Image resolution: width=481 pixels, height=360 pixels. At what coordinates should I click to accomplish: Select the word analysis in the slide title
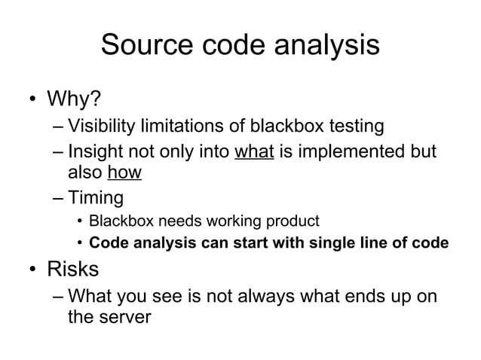pos(329,47)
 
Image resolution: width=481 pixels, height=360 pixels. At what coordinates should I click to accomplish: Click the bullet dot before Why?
pos(32,100)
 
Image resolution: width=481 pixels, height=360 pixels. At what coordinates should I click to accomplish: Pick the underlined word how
pos(124,172)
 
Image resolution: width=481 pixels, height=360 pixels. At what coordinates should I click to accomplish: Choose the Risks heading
pos(73,267)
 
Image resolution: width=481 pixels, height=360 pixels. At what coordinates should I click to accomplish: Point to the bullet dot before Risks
pos(32,268)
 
